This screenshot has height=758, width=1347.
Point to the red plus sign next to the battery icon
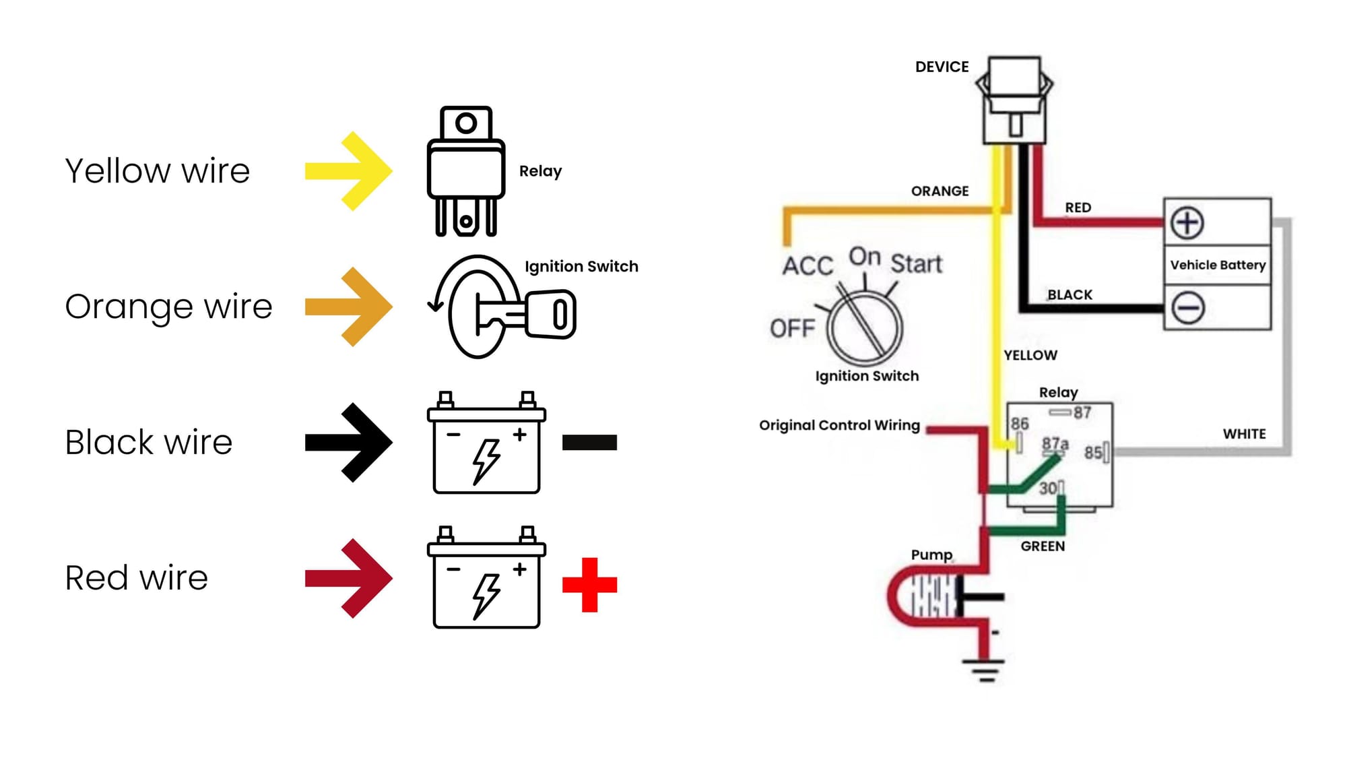(589, 584)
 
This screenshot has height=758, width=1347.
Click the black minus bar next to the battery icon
(589, 443)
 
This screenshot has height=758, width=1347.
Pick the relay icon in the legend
(466, 171)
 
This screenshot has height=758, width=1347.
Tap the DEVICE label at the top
(942, 67)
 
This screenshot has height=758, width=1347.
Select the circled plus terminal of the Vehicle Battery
(1187, 223)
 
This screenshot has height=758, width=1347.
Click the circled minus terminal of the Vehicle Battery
(1187, 308)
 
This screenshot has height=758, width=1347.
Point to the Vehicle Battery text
(1218, 265)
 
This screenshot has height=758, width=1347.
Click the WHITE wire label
(1244, 434)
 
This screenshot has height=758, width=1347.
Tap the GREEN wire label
(1043, 546)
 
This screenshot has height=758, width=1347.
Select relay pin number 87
(1082, 412)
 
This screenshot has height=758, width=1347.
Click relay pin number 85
(1093, 452)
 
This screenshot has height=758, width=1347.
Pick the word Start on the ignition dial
(916, 263)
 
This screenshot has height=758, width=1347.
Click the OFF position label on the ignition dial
(792, 328)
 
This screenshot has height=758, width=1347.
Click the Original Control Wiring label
(839, 425)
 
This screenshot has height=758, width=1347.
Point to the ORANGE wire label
(940, 191)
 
